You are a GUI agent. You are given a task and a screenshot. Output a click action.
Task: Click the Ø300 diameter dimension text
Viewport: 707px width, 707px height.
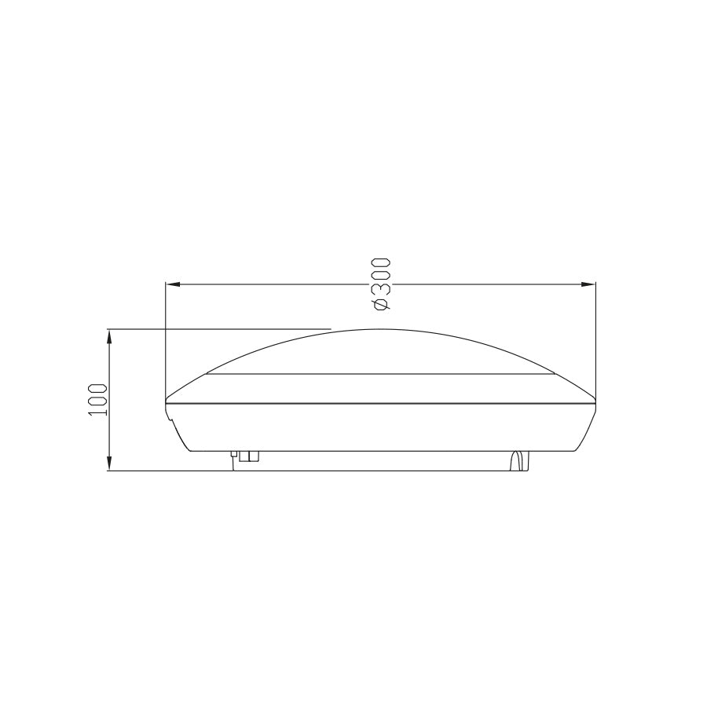pyautogui.click(x=381, y=283)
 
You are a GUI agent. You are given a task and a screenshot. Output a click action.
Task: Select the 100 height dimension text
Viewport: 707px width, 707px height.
pyautogui.click(x=97, y=400)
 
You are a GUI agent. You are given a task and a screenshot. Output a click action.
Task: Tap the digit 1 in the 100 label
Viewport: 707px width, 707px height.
pyautogui.click(x=97, y=412)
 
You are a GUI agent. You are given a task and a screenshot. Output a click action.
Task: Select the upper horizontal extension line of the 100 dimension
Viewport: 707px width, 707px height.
pyautogui.click(x=220, y=328)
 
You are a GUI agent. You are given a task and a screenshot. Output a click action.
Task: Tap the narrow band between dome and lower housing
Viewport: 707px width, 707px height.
pyautogui.click(x=381, y=388)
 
